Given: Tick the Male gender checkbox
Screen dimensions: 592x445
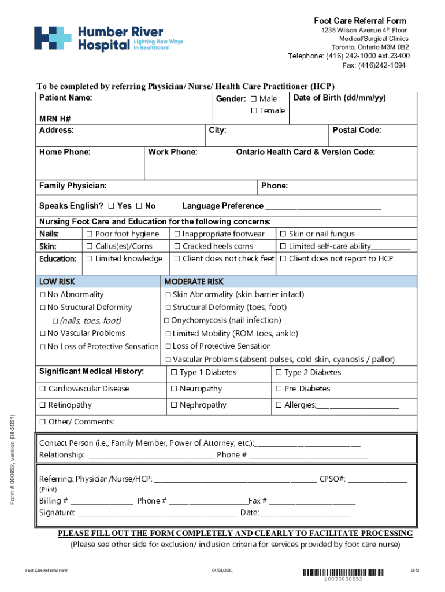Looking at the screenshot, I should pos(254,99).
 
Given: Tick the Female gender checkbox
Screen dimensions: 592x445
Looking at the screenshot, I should pos(254,110).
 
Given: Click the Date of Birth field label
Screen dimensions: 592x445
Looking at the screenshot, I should pos(339,98).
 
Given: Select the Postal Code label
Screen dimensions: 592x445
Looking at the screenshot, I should pos(357,130).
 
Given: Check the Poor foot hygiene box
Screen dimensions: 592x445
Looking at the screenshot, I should pos(90,234).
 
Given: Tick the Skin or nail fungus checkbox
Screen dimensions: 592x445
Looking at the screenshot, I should pos(283,234).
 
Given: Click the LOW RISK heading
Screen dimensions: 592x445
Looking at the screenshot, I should pos(57,282).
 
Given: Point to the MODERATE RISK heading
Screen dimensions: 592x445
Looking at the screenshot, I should pos(194,282).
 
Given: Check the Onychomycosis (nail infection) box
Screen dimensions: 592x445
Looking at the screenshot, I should pos(167,320).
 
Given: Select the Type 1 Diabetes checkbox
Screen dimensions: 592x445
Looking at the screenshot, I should pos(174,373).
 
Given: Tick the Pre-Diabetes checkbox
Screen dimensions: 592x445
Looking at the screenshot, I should pos(279,389).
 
